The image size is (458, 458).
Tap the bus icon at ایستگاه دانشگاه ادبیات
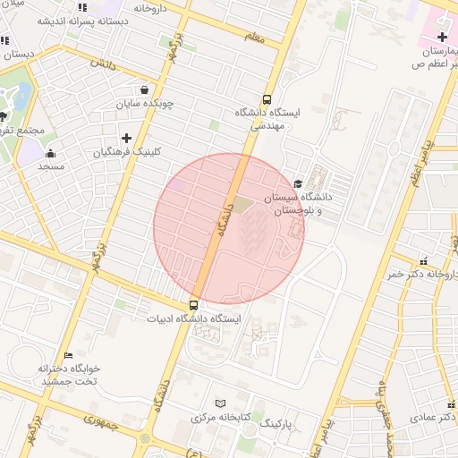pyautogui.click(x=194, y=304)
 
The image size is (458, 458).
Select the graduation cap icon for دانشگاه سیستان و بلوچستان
pyautogui.click(x=299, y=182)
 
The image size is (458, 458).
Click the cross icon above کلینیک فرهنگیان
pyautogui.click(x=126, y=138)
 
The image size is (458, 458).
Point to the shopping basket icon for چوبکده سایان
pyautogui.click(x=145, y=89)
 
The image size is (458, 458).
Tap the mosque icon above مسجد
pyautogui.click(x=50, y=153)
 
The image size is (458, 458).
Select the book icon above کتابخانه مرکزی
pyautogui.click(x=221, y=403)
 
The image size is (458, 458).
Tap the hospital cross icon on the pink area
pyautogui.click(x=442, y=36)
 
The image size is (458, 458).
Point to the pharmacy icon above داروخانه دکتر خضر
pyautogui.click(x=422, y=261)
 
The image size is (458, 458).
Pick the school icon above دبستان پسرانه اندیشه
pyautogui.click(x=82, y=8)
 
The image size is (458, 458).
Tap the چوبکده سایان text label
pyautogui.click(x=148, y=104)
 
